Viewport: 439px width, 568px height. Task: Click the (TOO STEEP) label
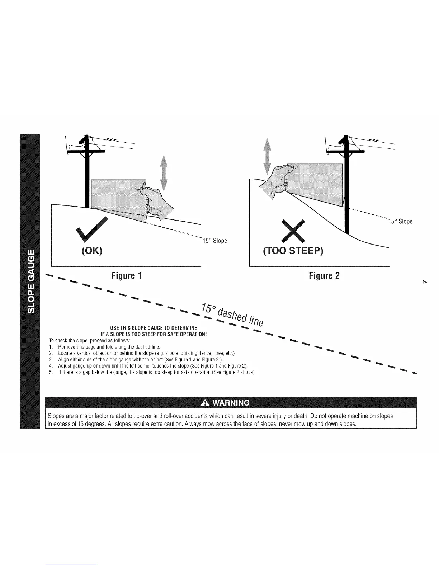[293, 251]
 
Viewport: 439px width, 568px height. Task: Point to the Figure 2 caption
[324, 276]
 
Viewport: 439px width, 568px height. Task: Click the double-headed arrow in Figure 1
[164, 173]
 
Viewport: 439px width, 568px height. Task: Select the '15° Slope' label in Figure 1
[215, 240]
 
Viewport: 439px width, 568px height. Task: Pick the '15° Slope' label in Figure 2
[400, 221]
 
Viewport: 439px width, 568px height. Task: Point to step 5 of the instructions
[152, 372]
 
